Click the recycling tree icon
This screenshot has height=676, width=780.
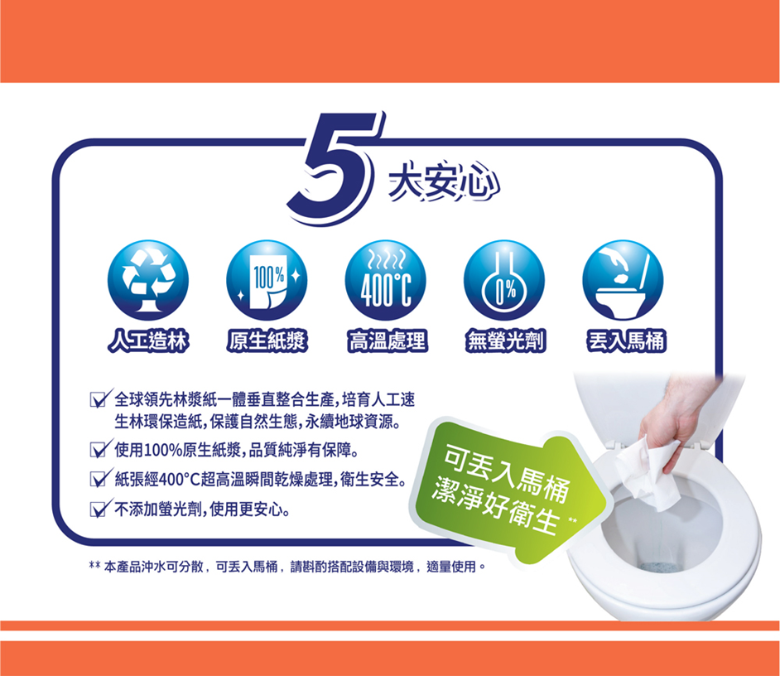tap(148, 280)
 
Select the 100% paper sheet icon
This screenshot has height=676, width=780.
tap(267, 280)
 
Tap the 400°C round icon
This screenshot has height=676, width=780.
tap(386, 280)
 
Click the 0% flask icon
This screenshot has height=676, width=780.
tap(504, 280)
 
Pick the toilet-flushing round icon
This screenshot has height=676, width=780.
tap(624, 280)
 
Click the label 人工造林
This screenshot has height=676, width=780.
tap(148, 341)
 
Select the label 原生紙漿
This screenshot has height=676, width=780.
tap(267, 341)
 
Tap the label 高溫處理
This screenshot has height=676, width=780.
tap(387, 341)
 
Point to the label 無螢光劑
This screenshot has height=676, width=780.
tap(505, 341)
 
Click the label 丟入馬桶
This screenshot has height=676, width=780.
tap(626, 341)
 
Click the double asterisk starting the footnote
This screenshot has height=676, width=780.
tap(94, 566)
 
